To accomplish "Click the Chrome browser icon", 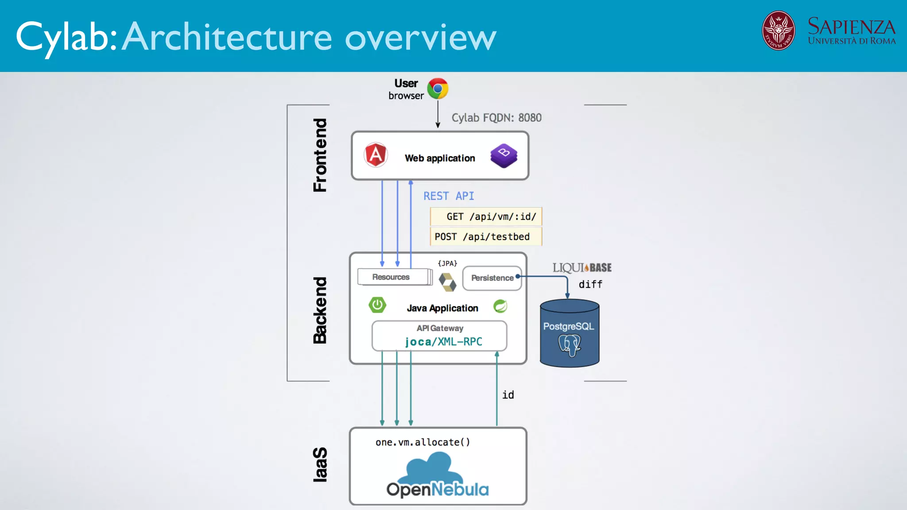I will (438, 89).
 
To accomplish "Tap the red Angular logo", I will (376, 155).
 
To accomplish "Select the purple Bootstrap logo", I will (504, 155).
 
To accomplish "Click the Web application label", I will (439, 158).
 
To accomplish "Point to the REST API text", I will (448, 196).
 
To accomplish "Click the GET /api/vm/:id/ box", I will (486, 217).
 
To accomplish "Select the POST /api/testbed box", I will (485, 237).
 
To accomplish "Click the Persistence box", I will (492, 278).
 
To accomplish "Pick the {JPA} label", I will (447, 263).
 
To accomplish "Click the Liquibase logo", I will (581, 268).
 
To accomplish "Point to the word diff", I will (590, 285).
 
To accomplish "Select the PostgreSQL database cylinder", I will (569, 333).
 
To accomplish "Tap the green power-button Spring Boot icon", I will (377, 305).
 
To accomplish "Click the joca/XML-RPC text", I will (443, 342).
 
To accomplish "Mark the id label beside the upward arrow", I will (508, 395).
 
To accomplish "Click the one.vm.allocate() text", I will (422, 442).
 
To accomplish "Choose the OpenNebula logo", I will (437, 475).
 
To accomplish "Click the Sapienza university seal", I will (778, 31).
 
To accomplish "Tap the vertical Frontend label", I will (320, 155).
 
